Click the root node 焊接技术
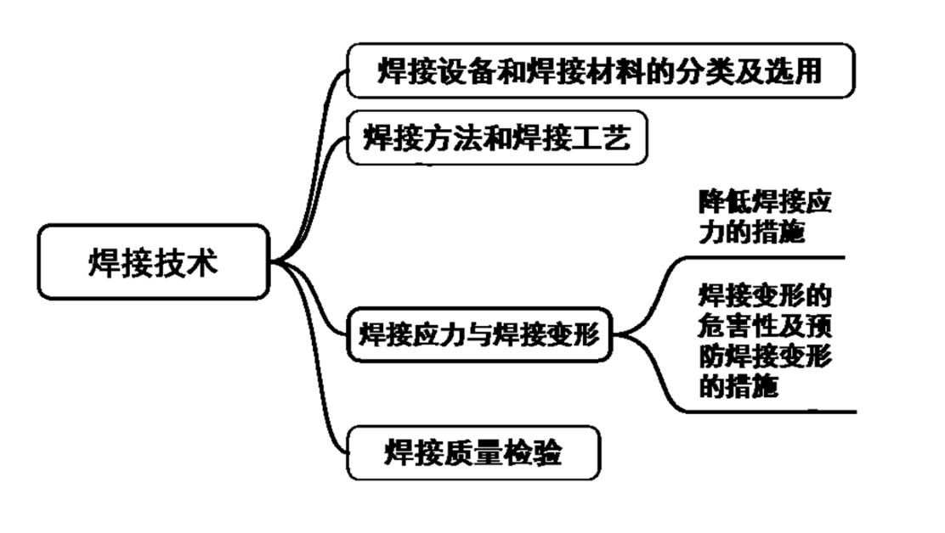coord(154,261)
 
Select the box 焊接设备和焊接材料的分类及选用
coord(600,70)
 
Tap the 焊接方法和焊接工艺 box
coord(497,137)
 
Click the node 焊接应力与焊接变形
coord(479,334)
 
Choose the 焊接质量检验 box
coord(472,453)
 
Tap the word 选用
coord(798,70)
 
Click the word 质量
coord(472,453)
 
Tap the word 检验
coord(532,453)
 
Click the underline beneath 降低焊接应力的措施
coord(765,256)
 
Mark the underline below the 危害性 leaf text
coord(765,412)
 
